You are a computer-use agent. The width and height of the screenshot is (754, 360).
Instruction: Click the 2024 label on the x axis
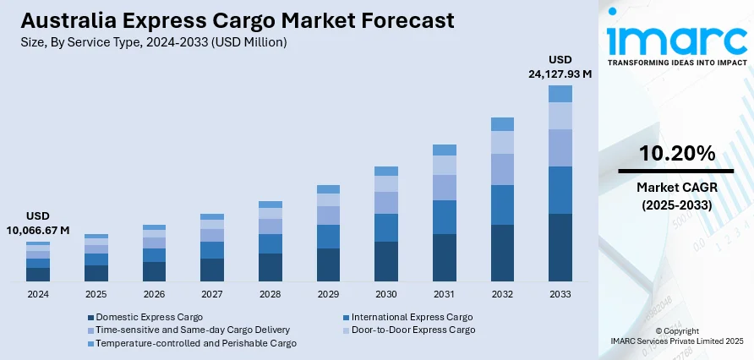click(x=38, y=294)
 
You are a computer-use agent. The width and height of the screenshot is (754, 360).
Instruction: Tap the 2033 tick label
click(x=560, y=294)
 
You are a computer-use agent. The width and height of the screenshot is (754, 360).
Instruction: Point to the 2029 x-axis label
click(x=328, y=294)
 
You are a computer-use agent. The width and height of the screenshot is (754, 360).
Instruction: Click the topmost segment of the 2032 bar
click(x=502, y=124)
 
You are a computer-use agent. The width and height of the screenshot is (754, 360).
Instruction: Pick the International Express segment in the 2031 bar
click(x=444, y=217)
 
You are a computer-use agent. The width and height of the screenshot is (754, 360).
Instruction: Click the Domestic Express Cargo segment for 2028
click(x=270, y=267)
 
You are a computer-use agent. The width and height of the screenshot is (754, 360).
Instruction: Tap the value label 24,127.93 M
click(x=560, y=74)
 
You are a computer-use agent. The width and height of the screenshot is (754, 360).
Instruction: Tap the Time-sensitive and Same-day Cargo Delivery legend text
click(x=193, y=330)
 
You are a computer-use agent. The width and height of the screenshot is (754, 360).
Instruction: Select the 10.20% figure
click(x=676, y=153)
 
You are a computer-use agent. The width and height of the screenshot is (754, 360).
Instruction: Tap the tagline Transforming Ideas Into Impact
click(x=676, y=63)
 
